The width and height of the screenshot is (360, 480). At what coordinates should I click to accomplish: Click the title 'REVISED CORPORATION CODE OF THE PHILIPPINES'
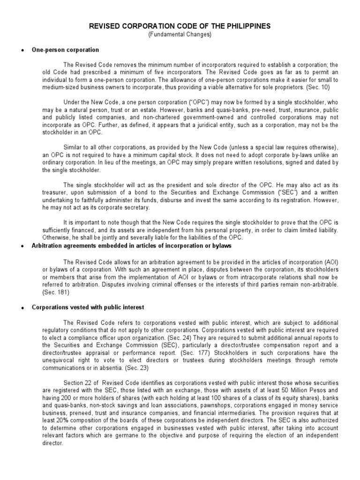pyautogui.click(x=180, y=27)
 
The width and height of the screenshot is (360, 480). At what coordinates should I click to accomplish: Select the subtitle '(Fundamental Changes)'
pyautogui.click(x=180, y=35)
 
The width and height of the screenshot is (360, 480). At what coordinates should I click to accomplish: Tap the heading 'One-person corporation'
pyautogui.click(x=65, y=50)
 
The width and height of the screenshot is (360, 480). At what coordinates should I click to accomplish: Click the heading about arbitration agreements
pyautogui.click(x=131, y=247)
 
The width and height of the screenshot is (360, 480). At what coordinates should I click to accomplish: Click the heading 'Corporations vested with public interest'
pyautogui.click(x=88, y=307)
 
